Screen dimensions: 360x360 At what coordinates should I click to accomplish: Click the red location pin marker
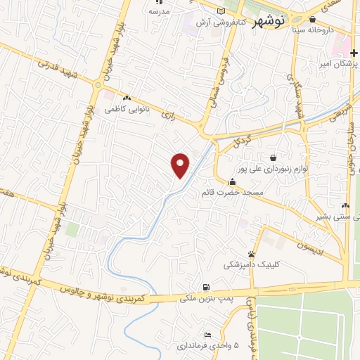click(x=181, y=165)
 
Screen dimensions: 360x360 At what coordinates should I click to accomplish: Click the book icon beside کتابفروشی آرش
click(x=222, y=12)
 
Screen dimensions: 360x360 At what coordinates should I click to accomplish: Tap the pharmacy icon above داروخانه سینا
click(x=312, y=19)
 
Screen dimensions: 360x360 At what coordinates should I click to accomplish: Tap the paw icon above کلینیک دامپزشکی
click(x=251, y=254)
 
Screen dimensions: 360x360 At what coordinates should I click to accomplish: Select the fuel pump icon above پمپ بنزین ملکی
click(x=205, y=287)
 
